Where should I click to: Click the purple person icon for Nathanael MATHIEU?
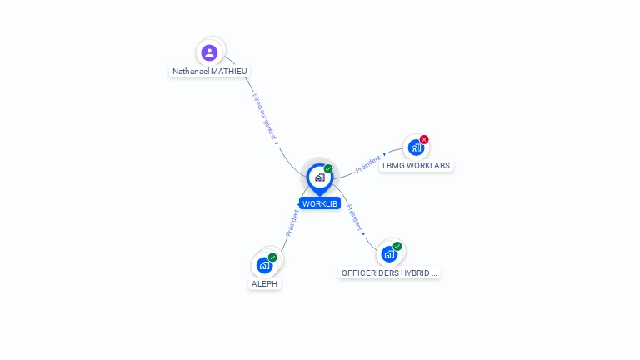210,52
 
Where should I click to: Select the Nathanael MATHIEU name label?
210,72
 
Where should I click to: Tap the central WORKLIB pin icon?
319,177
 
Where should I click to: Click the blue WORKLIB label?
320,203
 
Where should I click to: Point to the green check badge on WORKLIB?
328,168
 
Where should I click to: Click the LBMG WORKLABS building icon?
415,147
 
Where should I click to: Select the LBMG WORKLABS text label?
416,166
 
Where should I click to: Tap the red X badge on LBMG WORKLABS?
424,139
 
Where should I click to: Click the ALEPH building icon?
264,266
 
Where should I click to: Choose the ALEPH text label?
264,284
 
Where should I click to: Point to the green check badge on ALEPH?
272,257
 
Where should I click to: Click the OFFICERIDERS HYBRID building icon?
388,254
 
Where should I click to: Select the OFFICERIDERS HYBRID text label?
389,272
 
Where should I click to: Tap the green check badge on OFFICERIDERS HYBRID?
397,246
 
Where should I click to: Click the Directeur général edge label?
266,116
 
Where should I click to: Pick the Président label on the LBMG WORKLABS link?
367,163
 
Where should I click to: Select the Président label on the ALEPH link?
292,222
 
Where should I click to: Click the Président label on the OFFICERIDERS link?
354,217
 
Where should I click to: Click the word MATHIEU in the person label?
229,72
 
